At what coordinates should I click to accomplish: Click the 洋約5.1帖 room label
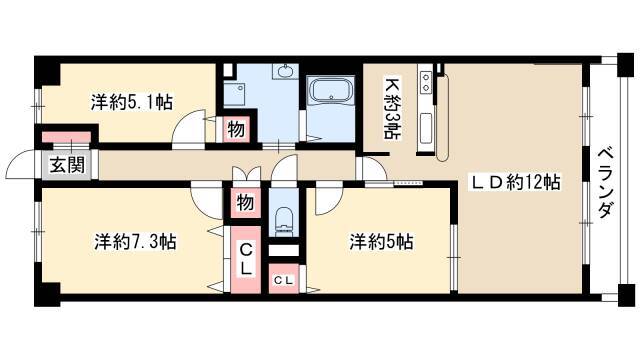point(131,102)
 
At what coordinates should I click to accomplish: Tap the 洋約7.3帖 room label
point(135,242)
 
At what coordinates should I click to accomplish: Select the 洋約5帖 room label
point(381,242)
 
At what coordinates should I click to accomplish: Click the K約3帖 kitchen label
point(392,109)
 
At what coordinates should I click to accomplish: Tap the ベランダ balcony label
point(606,183)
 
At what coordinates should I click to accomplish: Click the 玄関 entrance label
point(67,165)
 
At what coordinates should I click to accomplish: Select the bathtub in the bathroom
point(331,91)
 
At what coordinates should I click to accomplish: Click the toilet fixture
point(284,220)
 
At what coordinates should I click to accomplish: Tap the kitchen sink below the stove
point(426,128)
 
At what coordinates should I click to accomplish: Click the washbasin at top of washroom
point(285,71)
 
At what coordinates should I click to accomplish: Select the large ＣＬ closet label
point(246,258)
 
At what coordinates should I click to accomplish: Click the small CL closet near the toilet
point(284,280)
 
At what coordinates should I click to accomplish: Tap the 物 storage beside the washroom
point(236,129)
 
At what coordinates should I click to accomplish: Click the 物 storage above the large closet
point(245,202)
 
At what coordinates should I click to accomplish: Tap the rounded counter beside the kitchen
point(442,118)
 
